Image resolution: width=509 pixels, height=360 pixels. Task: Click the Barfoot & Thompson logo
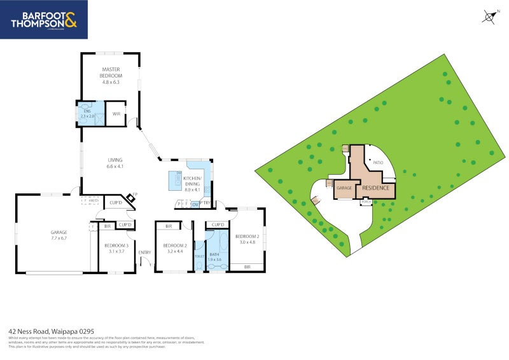[x=44, y=20]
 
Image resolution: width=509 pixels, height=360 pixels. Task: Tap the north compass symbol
[x=489, y=17]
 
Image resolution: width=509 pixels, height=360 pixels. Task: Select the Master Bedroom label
[x=111, y=76]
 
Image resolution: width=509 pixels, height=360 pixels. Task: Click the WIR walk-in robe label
[x=116, y=114]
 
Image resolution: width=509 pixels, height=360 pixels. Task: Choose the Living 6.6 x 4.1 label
[x=115, y=163]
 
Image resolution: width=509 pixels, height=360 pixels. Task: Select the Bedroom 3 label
[x=118, y=249]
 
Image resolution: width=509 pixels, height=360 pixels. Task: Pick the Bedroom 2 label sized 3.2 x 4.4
[x=174, y=249]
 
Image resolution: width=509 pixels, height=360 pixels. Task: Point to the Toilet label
[x=199, y=256]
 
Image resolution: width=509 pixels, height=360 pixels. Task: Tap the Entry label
[x=145, y=253]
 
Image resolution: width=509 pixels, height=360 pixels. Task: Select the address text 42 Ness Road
[x=51, y=331]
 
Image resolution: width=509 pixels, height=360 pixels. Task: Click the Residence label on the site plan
[x=375, y=188]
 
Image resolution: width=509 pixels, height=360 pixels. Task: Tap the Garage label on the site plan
[x=344, y=189]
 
